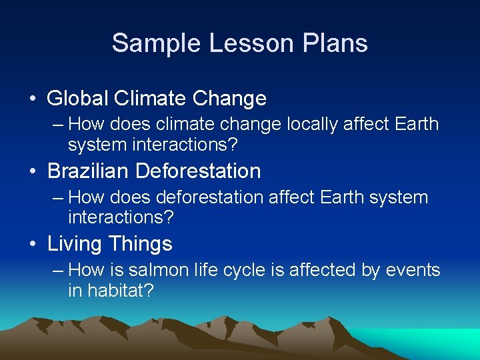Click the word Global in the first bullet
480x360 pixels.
78,99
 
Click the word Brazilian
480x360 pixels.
88,171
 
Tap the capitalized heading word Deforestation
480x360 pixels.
198,171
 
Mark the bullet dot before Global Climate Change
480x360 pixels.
33,99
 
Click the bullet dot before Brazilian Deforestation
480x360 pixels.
33,172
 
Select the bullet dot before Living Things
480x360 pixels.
33,245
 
